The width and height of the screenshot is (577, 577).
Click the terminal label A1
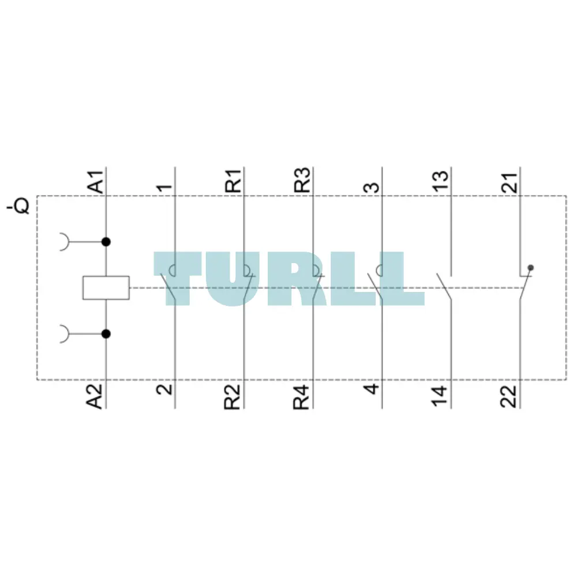click(95, 181)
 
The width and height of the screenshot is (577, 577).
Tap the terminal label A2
click(95, 396)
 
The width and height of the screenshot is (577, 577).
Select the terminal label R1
click(233, 181)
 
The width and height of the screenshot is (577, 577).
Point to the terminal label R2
click(232, 397)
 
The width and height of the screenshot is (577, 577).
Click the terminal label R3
click(302, 180)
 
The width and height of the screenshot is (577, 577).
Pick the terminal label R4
click(301, 397)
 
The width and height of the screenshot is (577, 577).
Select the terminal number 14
click(440, 396)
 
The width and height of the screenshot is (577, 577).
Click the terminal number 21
click(509, 182)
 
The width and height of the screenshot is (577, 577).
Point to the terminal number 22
click(509, 396)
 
